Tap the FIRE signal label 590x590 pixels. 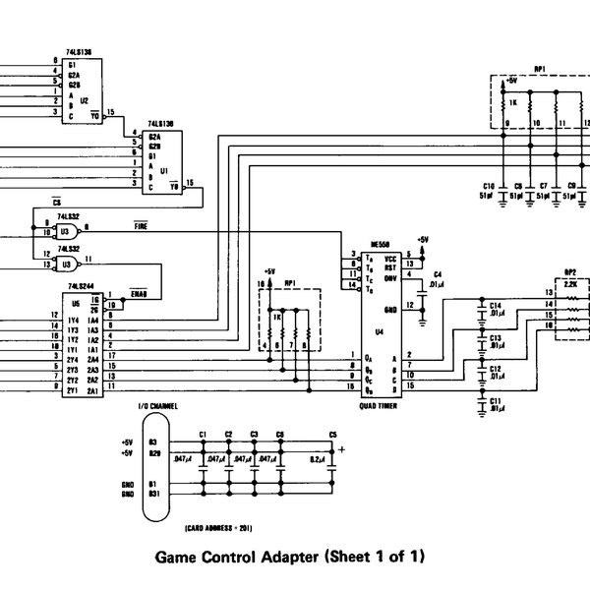coord(142,226)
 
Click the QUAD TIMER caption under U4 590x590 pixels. coord(380,403)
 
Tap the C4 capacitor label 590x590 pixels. coord(438,273)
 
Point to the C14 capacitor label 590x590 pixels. coord(497,307)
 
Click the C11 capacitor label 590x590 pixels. coord(497,402)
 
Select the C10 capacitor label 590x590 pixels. coord(489,185)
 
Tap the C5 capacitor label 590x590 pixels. coord(332,434)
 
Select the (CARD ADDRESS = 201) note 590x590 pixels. coord(204,527)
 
